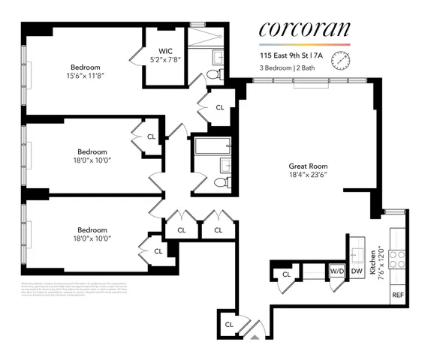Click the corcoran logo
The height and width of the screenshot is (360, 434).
(x=304, y=29)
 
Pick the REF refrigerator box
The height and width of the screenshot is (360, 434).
(x=398, y=295)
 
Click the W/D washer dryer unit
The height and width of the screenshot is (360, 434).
(x=337, y=270)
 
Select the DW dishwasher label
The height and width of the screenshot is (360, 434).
(x=357, y=271)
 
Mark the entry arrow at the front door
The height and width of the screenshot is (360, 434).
(x=255, y=337)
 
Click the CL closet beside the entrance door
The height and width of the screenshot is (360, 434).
(x=229, y=324)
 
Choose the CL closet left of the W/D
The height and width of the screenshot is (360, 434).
(x=286, y=275)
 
